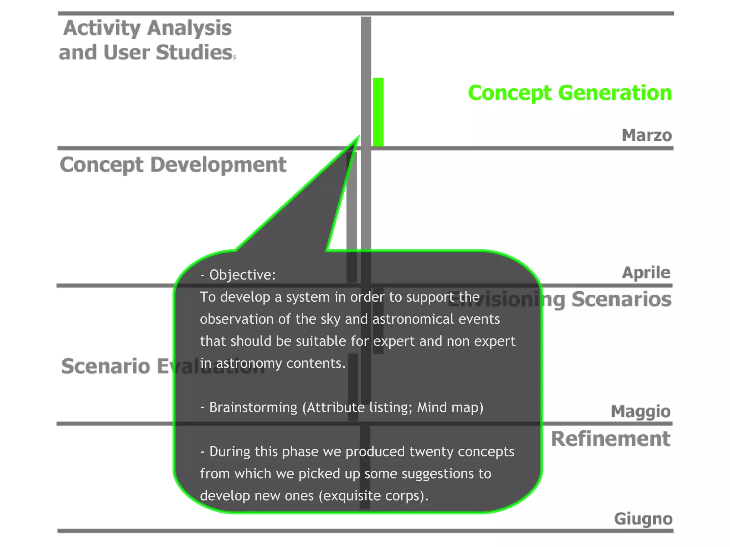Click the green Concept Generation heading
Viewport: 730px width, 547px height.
[x=570, y=93]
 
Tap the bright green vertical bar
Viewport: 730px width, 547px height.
[x=378, y=112]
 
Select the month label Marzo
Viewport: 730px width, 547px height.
[x=647, y=135]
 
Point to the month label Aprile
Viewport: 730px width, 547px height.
[x=646, y=273]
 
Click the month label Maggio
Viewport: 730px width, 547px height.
[x=641, y=411]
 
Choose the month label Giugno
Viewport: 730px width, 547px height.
[x=643, y=519]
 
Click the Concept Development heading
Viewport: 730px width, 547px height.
[x=173, y=165]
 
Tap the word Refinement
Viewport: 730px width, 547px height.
[x=610, y=439]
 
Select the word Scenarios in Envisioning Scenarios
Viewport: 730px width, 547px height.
[x=621, y=299]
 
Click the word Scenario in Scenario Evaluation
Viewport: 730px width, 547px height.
[x=106, y=366]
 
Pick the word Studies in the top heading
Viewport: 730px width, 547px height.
[x=194, y=53]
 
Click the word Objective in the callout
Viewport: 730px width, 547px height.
[x=242, y=275]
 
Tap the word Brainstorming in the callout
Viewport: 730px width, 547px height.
[x=253, y=407]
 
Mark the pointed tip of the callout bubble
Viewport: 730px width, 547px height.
[x=358, y=137]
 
